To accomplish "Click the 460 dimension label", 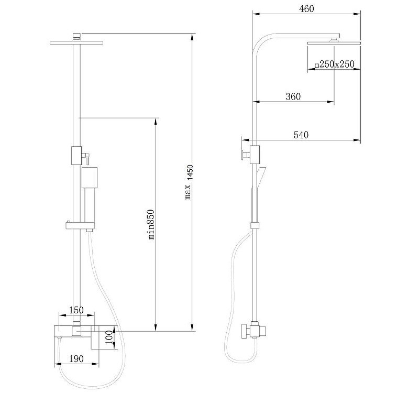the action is coord(306,9).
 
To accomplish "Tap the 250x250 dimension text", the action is coord(337,64).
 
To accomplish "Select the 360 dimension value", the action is coord(293,96).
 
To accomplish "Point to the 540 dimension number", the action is coord(301,135).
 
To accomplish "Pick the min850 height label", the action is coord(151,224).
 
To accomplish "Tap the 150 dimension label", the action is coord(76,310).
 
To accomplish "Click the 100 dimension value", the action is coord(108,338).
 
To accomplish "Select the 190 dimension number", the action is coord(76,358).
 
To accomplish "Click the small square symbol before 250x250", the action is coord(317,65).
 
